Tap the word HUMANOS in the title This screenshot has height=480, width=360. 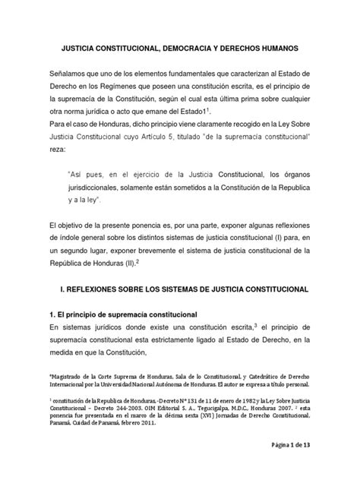click(279, 47)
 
